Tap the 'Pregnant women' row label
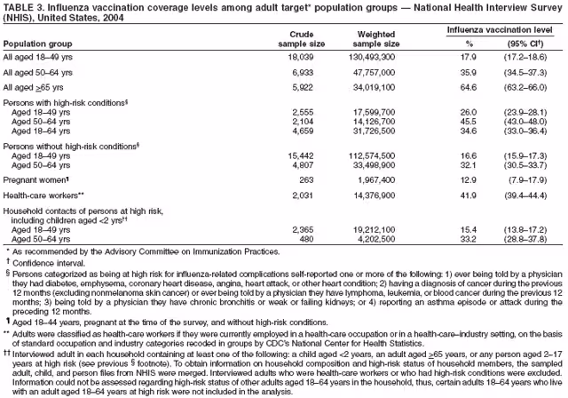click(38, 180)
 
